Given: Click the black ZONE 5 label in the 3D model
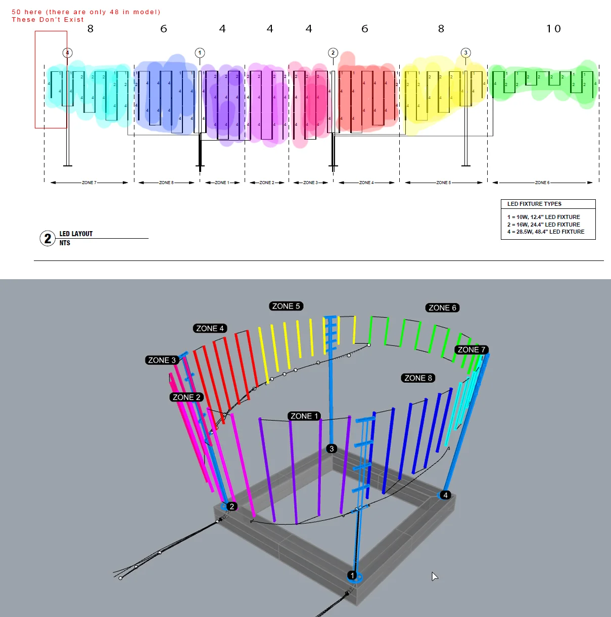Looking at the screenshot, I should [286, 306].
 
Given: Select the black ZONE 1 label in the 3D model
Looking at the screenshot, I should [304, 416].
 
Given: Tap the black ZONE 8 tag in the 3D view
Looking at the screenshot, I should [418, 378].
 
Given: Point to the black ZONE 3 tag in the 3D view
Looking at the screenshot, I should [162, 360].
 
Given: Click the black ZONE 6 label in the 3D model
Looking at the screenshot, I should [442, 307].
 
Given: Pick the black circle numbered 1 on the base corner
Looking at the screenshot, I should [353, 575].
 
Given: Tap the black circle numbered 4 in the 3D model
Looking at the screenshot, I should [445, 495].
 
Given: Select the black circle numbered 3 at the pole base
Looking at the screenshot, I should [332, 449].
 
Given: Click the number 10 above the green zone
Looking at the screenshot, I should [553, 29].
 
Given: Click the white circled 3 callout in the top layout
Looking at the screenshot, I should [466, 53].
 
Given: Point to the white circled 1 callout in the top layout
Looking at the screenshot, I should [200, 53].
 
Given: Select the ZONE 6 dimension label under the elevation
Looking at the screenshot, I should [542, 183].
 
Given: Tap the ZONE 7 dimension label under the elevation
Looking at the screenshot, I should [89, 183].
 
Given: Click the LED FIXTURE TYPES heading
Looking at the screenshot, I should [534, 204].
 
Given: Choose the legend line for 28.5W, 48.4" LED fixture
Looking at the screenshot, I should [546, 232].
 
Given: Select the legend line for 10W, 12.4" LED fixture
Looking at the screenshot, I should [544, 217].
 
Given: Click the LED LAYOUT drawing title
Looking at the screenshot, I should [76, 234].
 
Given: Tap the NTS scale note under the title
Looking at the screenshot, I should [65, 243].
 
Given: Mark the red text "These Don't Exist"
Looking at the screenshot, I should [48, 20].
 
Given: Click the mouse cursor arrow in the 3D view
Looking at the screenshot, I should [434, 576].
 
